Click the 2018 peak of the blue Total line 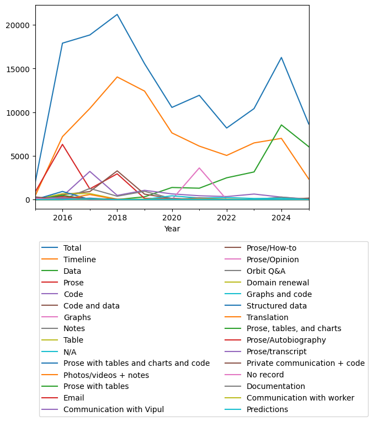[x=117, y=14]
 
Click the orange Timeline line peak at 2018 [x=117, y=77]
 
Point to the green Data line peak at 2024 [x=281, y=125]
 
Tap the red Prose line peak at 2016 [x=62, y=144]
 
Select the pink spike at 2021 [x=199, y=168]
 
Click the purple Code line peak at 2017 [x=90, y=171]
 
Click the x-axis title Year [x=172, y=229]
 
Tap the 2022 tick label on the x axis [x=226, y=218]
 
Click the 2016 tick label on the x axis [x=62, y=218]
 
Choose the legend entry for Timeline [x=79, y=259]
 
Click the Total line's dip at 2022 [x=226, y=128]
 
